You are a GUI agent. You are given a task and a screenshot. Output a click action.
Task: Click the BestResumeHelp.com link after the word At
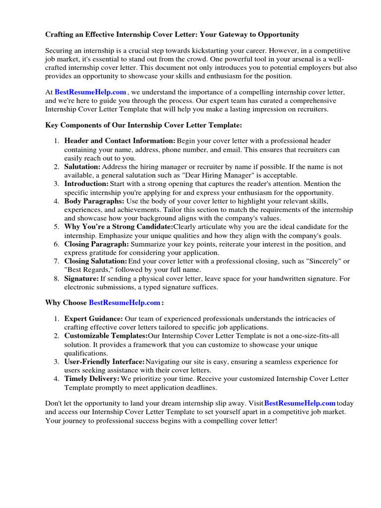click(90, 92)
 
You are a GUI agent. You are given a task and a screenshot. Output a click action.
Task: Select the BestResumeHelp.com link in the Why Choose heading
click(125, 302)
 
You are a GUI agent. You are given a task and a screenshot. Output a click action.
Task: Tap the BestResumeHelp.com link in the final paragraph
click(300, 403)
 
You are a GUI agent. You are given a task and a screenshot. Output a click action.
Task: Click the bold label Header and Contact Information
click(120, 141)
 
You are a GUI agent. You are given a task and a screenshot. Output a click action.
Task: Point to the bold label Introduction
click(86, 184)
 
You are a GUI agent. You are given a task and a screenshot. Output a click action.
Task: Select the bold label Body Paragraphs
click(94, 201)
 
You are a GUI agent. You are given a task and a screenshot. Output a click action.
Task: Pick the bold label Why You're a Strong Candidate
click(119, 227)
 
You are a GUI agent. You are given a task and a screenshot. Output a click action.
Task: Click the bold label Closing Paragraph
click(96, 244)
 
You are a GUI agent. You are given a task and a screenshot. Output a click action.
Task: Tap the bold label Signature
click(81, 279)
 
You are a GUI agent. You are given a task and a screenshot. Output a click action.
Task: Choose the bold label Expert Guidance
click(93, 318)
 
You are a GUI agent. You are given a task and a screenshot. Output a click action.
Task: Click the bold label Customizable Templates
click(106, 336)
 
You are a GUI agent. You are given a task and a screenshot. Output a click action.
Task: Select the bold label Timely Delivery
click(92, 379)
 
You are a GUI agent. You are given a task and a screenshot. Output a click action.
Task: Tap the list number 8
click(57, 279)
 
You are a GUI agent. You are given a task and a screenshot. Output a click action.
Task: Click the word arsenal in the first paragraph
click(280, 59)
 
